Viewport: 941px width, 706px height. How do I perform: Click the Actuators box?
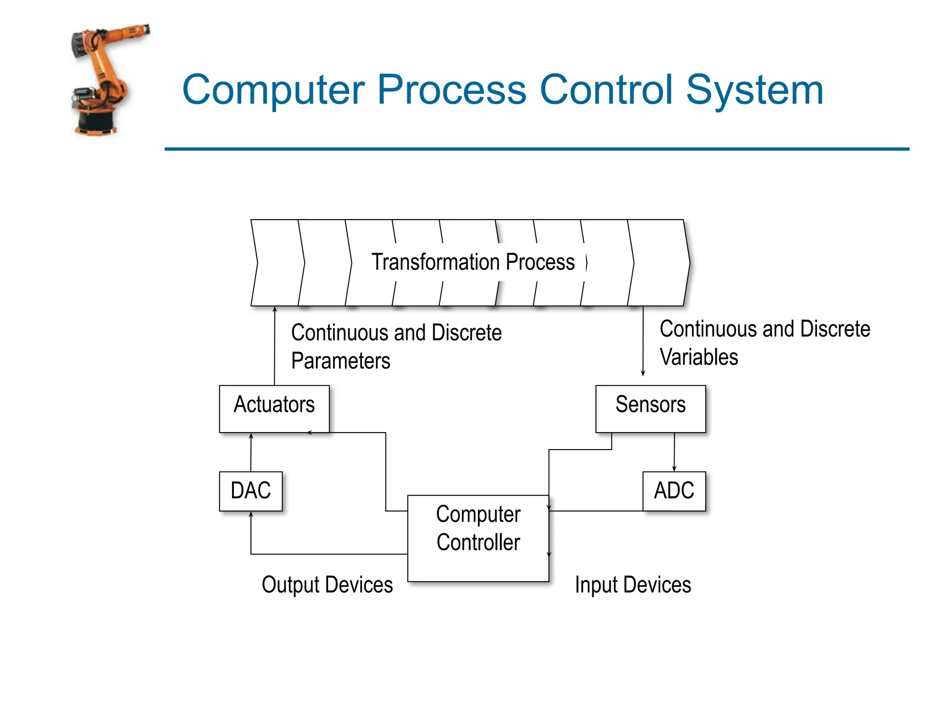(274, 409)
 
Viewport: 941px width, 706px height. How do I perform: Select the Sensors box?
(650, 409)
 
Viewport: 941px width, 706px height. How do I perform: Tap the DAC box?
(251, 491)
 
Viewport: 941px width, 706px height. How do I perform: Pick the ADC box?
(674, 491)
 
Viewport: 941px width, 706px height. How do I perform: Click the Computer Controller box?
(478, 538)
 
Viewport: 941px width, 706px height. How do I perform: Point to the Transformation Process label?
(473, 262)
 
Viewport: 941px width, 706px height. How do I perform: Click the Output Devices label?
(327, 585)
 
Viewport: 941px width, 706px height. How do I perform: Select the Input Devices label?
(633, 585)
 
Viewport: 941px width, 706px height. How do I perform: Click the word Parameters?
(340, 361)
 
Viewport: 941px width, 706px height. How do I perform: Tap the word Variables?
(698, 357)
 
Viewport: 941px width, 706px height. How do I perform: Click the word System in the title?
(754, 90)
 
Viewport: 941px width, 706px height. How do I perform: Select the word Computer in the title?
(273, 90)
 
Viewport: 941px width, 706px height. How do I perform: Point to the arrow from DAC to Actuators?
(251, 452)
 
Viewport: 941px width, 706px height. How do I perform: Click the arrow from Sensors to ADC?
(674, 452)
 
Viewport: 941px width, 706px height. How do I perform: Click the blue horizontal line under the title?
(537, 149)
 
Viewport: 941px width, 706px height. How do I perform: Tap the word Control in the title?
(606, 90)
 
